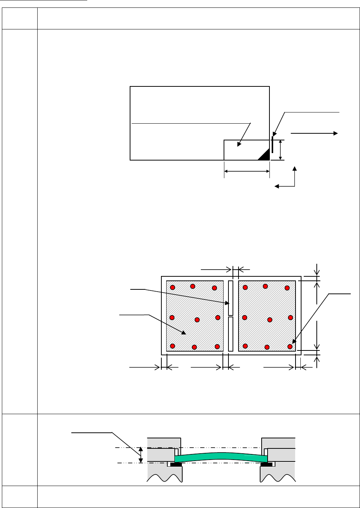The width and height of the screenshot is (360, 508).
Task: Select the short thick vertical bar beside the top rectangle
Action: pyautogui.click(x=272, y=145)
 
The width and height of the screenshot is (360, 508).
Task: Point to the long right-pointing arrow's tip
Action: pyautogui.click(x=337, y=133)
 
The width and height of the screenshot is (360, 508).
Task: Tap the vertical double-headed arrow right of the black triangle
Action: pyautogui.click(x=280, y=150)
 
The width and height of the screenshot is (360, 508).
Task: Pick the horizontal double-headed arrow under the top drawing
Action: pyautogui.click(x=247, y=171)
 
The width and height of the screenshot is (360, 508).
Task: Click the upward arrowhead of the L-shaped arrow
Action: pyautogui.click(x=295, y=168)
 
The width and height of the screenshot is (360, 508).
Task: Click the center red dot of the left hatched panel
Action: pyautogui.click(x=197, y=320)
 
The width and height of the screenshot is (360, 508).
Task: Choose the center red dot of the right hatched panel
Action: pyautogui.click(x=270, y=320)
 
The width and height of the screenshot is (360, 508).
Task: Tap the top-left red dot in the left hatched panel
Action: pyautogui.click(x=173, y=287)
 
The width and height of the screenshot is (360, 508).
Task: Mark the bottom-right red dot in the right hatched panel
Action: pyautogui.click(x=290, y=347)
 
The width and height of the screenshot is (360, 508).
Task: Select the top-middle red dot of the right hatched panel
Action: pyautogui.click(x=265, y=286)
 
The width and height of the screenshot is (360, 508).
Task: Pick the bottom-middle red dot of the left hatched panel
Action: pyautogui.click(x=194, y=347)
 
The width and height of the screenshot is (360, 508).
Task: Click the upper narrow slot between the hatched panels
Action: pyautogui.click(x=231, y=298)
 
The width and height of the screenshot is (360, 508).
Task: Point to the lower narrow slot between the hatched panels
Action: pyautogui.click(x=231, y=334)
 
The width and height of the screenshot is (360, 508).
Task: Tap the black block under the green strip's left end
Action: pyautogui.click(x=176, y=464)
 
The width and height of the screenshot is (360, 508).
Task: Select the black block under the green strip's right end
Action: pyautogui.click(x=266, y=464)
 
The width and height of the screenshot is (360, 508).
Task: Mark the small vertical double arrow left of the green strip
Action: pyautogui.click(x=140, y=455)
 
